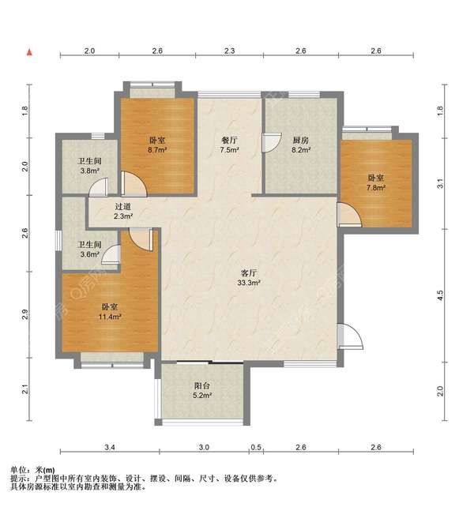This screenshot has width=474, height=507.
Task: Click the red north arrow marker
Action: coord(29,52)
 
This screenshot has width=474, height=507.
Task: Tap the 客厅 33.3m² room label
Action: coord(249,278)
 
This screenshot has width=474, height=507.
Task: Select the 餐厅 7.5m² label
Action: coord(229,145)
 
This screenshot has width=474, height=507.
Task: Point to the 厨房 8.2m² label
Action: coord(301,145)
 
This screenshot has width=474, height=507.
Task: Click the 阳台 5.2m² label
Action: coord(202,390)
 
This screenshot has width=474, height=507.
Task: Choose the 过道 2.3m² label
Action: coord(123,211)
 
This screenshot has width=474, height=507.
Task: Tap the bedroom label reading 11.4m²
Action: coord(110,312)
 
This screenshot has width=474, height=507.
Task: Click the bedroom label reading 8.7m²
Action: coord(157,145)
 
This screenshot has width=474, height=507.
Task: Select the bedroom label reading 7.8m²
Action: coord(376,182)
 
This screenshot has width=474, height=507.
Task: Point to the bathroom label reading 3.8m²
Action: coord(89,166)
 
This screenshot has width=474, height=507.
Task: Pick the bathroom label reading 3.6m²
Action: coord(89,250)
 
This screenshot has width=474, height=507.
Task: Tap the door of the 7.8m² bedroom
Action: coord(349,215)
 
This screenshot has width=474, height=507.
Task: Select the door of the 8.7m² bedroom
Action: coord(134,184)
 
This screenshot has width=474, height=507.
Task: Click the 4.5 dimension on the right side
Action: coord(440,295)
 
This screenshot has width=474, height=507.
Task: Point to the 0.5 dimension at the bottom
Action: coord(256,447)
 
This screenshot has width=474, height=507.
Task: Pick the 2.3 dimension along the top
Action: coord(229,51)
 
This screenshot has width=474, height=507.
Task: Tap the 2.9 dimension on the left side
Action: coord(25,314)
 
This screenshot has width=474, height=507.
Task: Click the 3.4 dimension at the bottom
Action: coord(110,447)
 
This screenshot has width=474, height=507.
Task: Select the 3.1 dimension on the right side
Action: coord(440,184)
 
